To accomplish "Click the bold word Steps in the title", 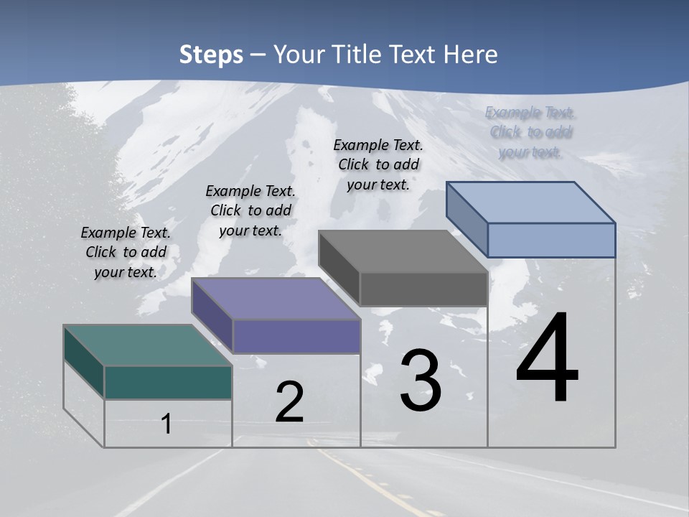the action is coord(211,55).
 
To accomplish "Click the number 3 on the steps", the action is coord(421,381).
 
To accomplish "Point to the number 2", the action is coord(289,402).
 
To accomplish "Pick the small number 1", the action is coord(167,424).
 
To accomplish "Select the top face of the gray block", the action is coord(403,251).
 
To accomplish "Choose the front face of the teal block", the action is coord(168,382).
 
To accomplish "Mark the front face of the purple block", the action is coord(296,336).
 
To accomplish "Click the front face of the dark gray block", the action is coord(423,289).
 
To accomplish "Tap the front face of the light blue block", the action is coord(551,240).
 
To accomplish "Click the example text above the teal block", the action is coord(126,252).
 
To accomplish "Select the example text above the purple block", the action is coord(250,210).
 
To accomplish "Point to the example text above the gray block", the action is coord(378,164).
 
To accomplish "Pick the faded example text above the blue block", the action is coord(530,132).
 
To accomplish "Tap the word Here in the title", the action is coord(472,55).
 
